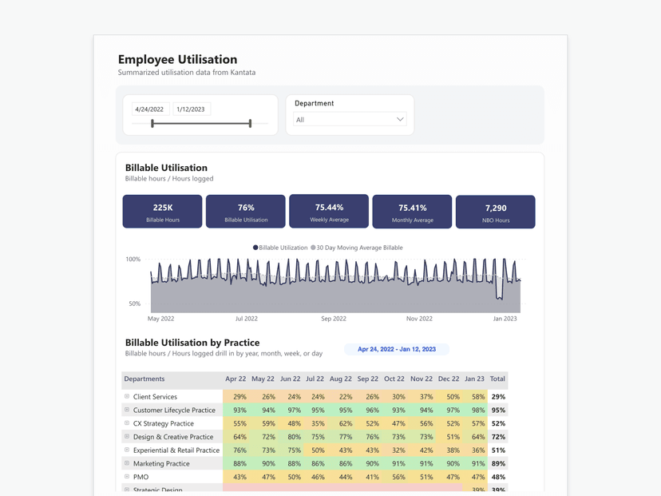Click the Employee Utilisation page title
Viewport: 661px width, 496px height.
tap(177, 59)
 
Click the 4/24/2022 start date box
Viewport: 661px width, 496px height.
tap(149, 109)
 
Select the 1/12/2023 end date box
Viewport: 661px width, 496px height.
tap(191, 109)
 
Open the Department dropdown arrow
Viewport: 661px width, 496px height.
tap(400, 120)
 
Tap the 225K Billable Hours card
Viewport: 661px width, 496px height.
tap(163, 212)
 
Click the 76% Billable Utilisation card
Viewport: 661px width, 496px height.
tap(246, 212)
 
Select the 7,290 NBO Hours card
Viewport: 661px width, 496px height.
tap(495, 212)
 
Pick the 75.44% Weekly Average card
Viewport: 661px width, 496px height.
tap(329, 211)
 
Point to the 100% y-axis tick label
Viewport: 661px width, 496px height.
tap(133, 260)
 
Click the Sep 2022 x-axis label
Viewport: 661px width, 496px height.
tap(334, 319)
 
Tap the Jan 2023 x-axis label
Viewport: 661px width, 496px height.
tap(505, 319)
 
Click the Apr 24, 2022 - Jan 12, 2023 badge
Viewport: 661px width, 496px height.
tap(397, 349)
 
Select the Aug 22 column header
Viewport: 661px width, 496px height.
tap(340, 379)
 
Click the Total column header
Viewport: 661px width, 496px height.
tap(497, 379)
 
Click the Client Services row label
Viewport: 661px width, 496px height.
tap(155, 397)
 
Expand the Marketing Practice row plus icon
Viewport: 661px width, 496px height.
tap(127, 463)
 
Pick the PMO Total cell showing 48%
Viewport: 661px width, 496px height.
tap(498, 477)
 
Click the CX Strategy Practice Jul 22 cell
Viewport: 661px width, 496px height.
tap(318, 423)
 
